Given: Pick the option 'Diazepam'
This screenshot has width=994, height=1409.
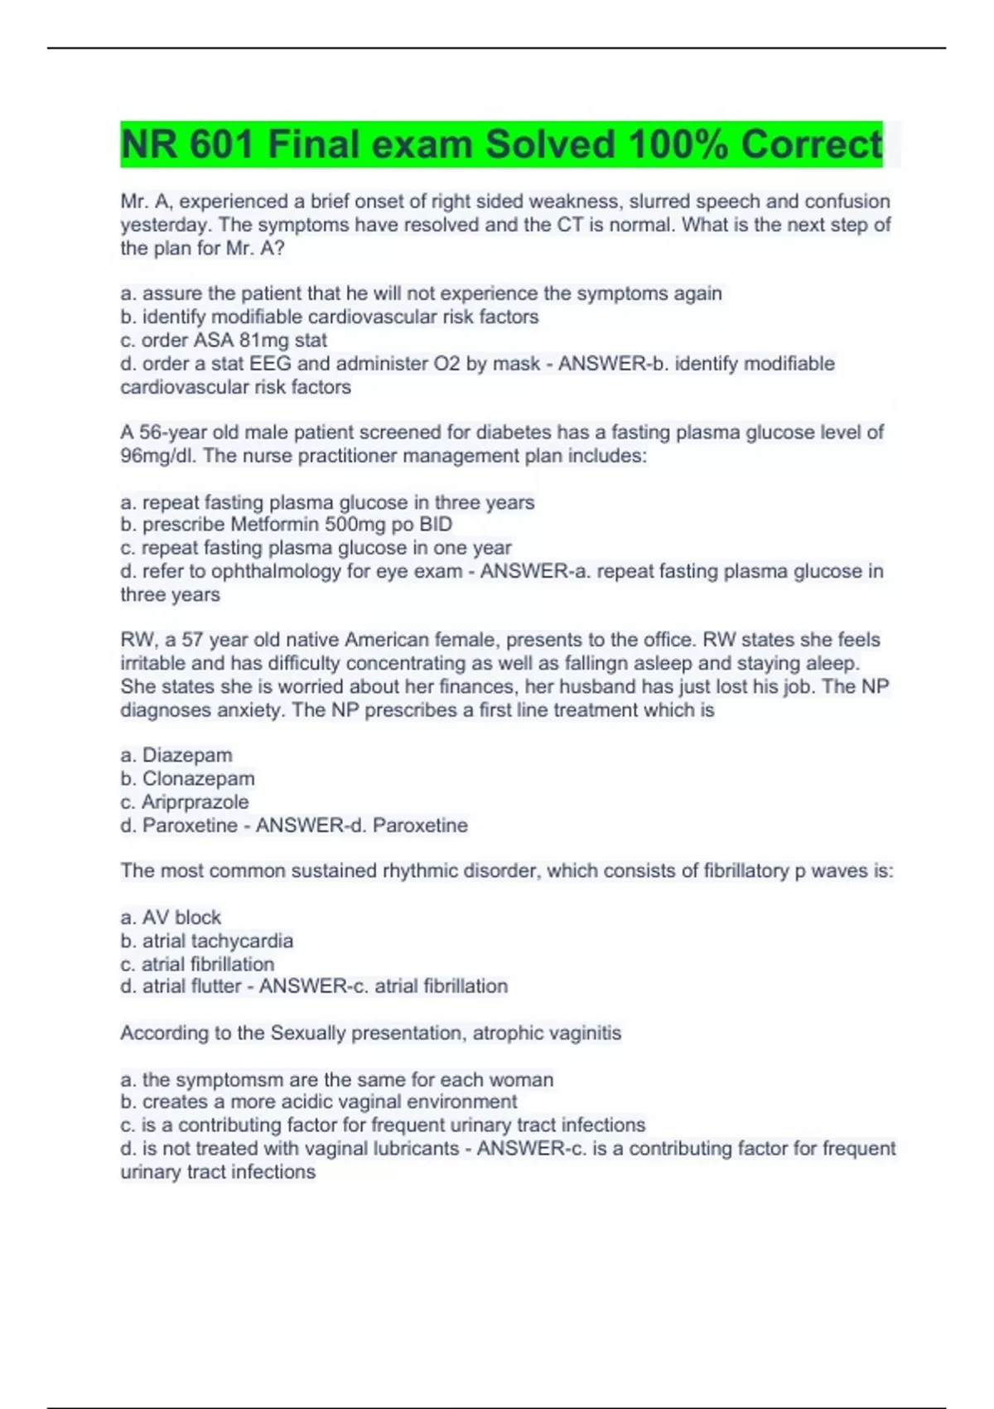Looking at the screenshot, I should tap(187, 756).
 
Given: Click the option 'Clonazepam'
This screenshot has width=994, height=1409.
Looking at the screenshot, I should tap(198, 779).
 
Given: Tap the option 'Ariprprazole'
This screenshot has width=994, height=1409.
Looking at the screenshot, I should tap(195, 802).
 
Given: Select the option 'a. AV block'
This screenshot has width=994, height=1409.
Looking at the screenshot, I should tap(171, 918).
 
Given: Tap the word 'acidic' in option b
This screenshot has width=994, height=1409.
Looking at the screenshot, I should tap(301, 1102).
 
